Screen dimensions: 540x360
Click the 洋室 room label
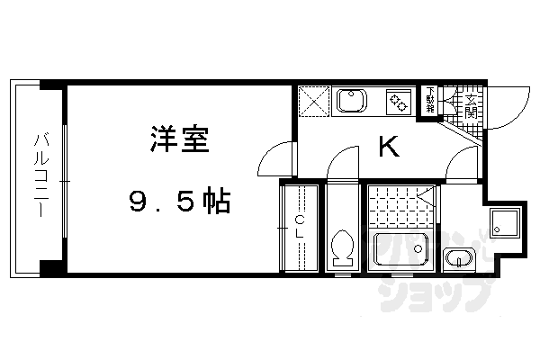[181, 142]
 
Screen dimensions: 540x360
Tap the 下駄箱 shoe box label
[430, 99]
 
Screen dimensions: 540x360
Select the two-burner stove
[397, 102]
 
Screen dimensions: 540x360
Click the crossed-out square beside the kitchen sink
[313, 102]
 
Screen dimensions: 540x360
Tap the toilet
[341, 246]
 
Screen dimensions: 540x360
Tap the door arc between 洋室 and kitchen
[275, 162]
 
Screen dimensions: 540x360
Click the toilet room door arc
[343, 165]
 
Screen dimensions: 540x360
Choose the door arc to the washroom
[463, 166]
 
